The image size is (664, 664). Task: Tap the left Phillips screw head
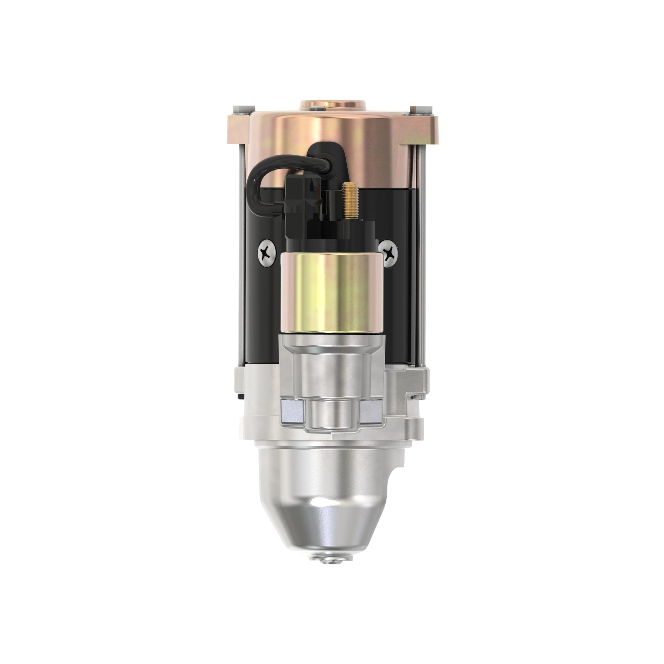click(266, 253)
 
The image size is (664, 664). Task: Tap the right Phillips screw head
click(389, 253)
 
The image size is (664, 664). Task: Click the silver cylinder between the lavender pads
click(331, 412)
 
